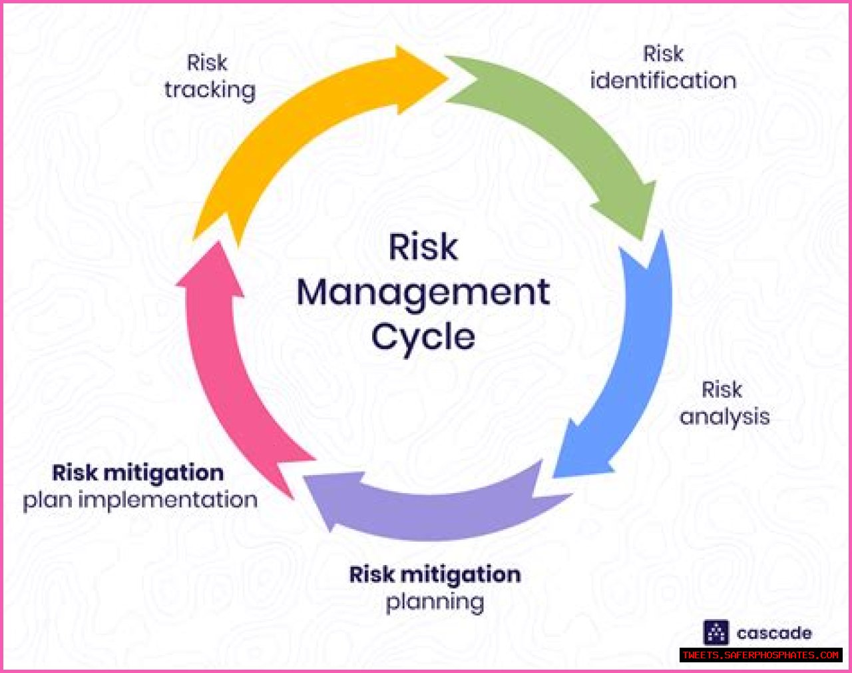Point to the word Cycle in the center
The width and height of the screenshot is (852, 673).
[x=423, y=337]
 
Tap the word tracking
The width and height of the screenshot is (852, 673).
[x=210, y=90]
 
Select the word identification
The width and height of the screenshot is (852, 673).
[x=663, y=81]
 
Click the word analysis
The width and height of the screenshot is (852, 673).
[x=725, y=417]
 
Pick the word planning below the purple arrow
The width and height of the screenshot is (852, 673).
[x=435, y=602]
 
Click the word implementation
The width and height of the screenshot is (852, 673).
[x=168, y=500]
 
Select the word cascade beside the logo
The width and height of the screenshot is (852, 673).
[x=774, y=633]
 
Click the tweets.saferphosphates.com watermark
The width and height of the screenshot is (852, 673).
[x=761, y=656]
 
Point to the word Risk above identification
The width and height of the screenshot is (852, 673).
[x=663, y=54]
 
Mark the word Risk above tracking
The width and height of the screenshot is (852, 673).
[x=207, y=63]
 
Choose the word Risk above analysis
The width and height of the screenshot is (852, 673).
[x=722, y=390]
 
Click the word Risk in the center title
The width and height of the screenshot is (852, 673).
[x=423, y=248]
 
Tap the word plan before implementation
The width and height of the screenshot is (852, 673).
[x=48, y=500]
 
